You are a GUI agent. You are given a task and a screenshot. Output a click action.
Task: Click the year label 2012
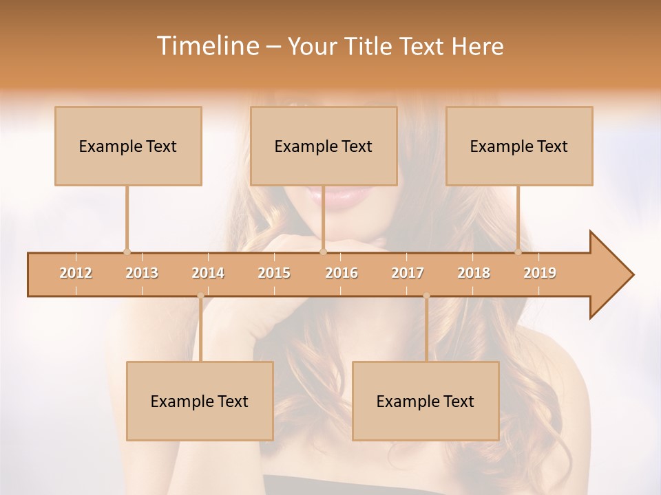click(76, 273)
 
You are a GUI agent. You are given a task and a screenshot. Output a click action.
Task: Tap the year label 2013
click(142, 273)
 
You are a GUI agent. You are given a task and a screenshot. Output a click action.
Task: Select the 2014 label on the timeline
click(208, 273)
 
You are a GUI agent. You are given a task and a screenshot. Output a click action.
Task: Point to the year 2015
click(274, 273)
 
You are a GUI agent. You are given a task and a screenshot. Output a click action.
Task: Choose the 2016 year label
click(342, 273)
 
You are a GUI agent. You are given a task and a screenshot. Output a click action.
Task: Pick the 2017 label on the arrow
click(408, 273)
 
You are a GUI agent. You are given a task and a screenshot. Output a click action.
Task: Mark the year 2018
click(474, 273)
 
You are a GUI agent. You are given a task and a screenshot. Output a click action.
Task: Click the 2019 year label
click(540, 273)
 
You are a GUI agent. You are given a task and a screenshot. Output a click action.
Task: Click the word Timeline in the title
click(207, 46)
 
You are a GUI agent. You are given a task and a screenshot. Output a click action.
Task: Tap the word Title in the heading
click(373, 47)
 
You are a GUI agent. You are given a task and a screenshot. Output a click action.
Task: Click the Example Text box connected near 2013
click(128, 146)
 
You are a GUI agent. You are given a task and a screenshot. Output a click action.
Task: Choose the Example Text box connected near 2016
click(324, 146)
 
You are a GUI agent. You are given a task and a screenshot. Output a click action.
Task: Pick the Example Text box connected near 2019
click(519, 146)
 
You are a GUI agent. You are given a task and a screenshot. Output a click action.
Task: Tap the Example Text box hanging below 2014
click(200, 401)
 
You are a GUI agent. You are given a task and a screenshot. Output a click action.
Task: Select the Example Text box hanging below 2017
click(426, 401)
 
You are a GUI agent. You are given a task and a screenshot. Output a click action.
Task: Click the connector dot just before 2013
click(127, 252)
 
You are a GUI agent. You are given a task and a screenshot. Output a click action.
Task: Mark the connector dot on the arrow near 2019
click(518, 252)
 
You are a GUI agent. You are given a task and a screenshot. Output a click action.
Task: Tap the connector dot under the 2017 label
click(426, 296)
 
